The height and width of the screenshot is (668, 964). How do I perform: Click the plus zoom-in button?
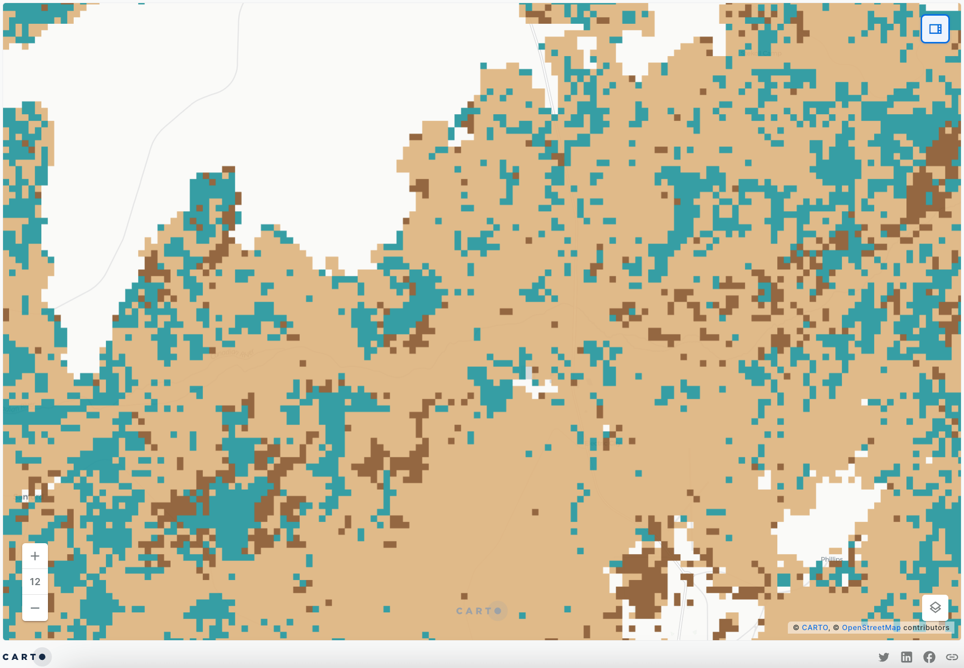[35, 556]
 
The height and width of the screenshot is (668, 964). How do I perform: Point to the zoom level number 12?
[35, 582]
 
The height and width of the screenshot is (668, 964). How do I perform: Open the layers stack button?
[935, 607]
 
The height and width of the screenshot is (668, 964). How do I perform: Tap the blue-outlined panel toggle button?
[935, 29]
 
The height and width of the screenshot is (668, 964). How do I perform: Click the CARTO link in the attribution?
[815, 628]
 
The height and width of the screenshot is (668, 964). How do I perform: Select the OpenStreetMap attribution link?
[871, 628]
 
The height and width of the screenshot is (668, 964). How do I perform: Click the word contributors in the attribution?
[926, 628]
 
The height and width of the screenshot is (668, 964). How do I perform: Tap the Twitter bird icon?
[884, 657]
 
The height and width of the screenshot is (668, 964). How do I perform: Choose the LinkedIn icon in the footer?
[906, 657]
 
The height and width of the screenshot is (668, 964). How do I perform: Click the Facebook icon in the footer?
[929, 657]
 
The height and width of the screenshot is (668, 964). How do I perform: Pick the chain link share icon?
[952, 657]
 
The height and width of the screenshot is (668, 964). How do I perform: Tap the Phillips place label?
[831, 559]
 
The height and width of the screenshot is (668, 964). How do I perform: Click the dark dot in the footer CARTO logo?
[42, 657]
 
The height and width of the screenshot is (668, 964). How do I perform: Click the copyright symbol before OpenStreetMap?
[836, 628]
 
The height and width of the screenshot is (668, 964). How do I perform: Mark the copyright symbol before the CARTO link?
[796, 628]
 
